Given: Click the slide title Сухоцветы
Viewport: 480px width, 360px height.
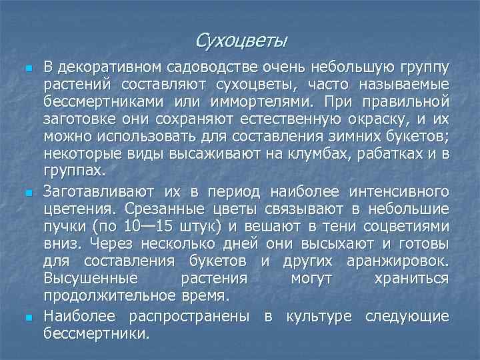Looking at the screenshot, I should [x=242, y=41].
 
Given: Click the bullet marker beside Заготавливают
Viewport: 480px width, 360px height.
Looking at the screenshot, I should [x=27, y=193].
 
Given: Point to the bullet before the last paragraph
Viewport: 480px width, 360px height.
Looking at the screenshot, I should [x=27, y=315].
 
